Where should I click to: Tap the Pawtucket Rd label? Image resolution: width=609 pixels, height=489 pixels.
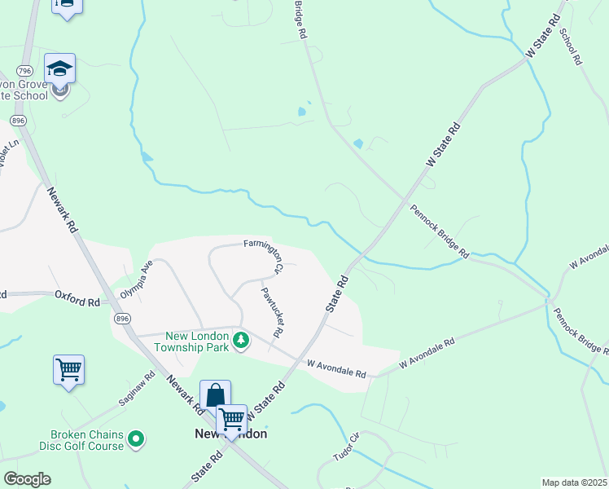click(x=272, y=312)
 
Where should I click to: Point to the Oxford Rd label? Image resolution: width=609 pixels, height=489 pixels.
click(x=77, y=301)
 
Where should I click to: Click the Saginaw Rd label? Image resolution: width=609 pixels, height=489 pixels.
click(x=139, y=389)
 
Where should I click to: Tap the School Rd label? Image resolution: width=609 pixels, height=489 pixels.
click(x=570, y=46)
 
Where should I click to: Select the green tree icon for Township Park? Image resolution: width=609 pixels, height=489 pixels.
click(x=240, y=340)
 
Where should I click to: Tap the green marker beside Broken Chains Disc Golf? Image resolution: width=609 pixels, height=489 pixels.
click(x=137, y=440)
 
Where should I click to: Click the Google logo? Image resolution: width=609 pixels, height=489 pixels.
click(x=27, y=479)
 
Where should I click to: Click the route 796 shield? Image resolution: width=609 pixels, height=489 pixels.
click(x=24, y=70)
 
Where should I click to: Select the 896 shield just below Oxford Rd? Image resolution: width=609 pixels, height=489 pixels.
click(x=122, y=318)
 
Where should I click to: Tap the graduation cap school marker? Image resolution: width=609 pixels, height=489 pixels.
click(x=60, y=68)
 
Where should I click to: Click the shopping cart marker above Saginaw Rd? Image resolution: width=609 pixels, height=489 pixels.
click(x=68, y=369)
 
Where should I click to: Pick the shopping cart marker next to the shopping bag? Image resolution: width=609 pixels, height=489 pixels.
click(x=231, y=420)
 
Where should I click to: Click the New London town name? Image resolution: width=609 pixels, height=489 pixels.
click(x=231, y=434)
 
